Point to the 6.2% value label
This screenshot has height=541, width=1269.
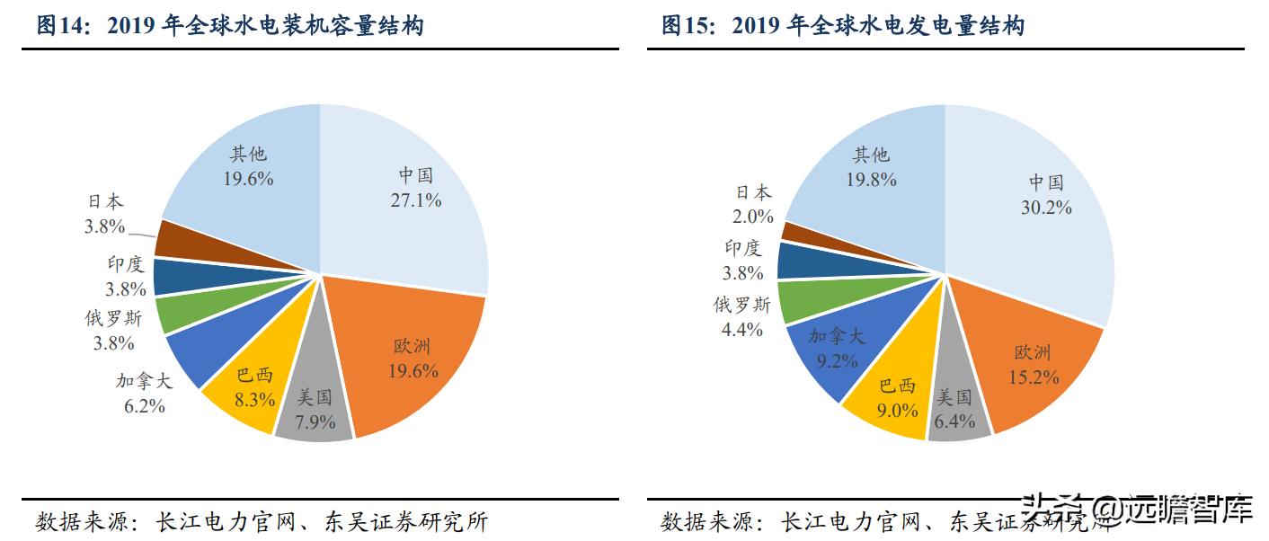click(x=144, y=405)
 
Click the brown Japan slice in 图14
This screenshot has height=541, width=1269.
click(x=176, y=238)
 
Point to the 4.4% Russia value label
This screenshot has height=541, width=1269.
click(x=742, y=329)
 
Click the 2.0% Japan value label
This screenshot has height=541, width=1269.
click(x=753, y=216)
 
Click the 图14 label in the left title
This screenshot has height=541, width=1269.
click(x=61, y=26)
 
